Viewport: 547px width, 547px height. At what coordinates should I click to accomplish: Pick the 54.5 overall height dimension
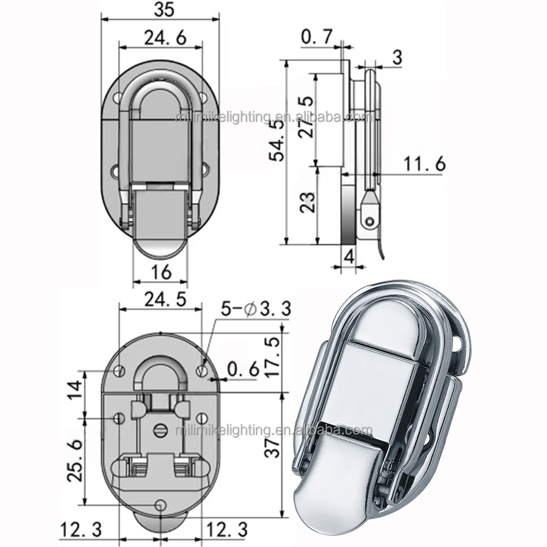(276, 141)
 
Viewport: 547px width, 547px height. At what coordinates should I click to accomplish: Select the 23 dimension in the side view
(307, 203)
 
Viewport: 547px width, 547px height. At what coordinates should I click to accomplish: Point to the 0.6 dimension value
(243, 369)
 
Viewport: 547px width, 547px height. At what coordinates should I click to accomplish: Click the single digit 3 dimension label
(397, 57)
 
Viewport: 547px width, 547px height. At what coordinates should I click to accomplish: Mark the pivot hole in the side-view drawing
(369, 220)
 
